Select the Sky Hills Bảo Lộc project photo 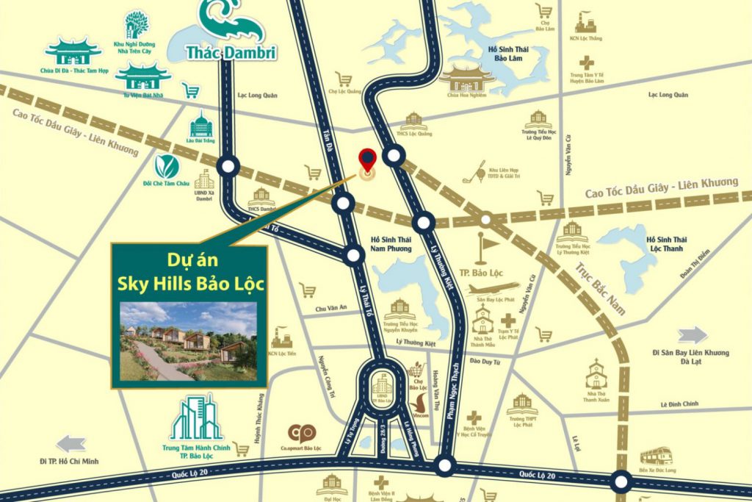[x=189, y=340]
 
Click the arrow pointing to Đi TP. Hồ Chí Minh [x=71, y=443]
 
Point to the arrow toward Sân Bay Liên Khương [x=693, y=336]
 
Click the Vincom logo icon [x=419, y=402]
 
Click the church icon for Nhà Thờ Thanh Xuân [x=596, y=373]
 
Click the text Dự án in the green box [x=189, y=260]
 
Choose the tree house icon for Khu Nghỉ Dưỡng [x=136, y=24]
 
